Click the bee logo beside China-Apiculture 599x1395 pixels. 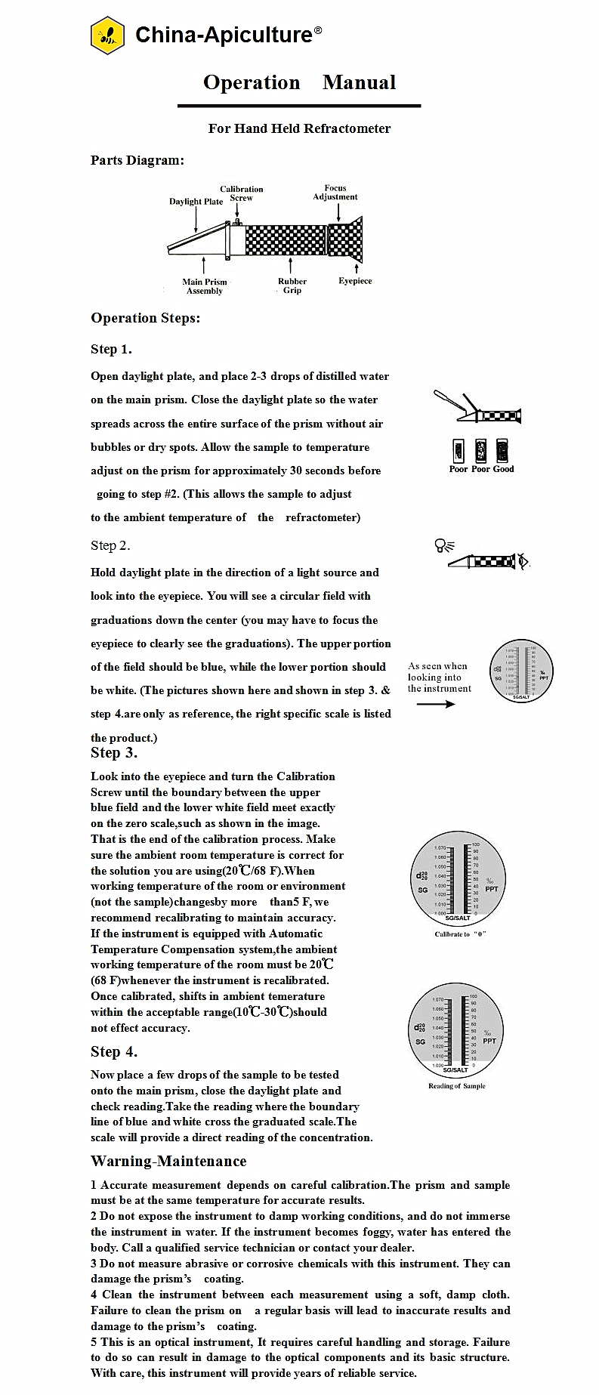pyautogui.click(x=107, y=35)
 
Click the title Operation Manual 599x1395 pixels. pyautogui.click(x=299, y=82)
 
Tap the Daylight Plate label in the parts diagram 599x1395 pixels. pyautogui.click(x=196, y=202)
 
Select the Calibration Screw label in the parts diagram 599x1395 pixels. pyautogui.click(x=242, y=193)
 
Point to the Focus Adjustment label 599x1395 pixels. pyautogui.click(x=335, y=193)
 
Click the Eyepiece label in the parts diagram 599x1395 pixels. pyautogui.click(x=355, y=281)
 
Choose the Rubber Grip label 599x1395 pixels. pyautogui.click(x=292, y=285)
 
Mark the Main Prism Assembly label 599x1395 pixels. pyautogui.click(x=205, y=286)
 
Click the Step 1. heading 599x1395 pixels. pyautogui.click(x=111, y=349)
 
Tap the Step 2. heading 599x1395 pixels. pyautogui.click(x=110, y=545)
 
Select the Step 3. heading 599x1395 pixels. pyautogui.click(x=114, y=752)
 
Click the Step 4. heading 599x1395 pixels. pyautogui.click(x=114, y=1051)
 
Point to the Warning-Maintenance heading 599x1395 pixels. pyautogui.click(x=168, y=1161)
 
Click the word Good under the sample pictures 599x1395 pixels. pyautogui.click(x=504, y=469)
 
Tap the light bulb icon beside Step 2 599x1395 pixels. pyautogui.click(x=440, y=545)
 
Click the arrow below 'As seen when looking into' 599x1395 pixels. pyautogui.click(x=436, y=704)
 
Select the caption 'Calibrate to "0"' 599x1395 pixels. pyautogui.click(x=460, y=934)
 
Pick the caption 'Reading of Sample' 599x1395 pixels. pyautogui.click(x=457, y=1086)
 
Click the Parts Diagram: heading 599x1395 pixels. pyautogui.click(x=137, y=160)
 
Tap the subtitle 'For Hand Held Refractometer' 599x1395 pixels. pyautogui.click(x=299, y=128)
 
